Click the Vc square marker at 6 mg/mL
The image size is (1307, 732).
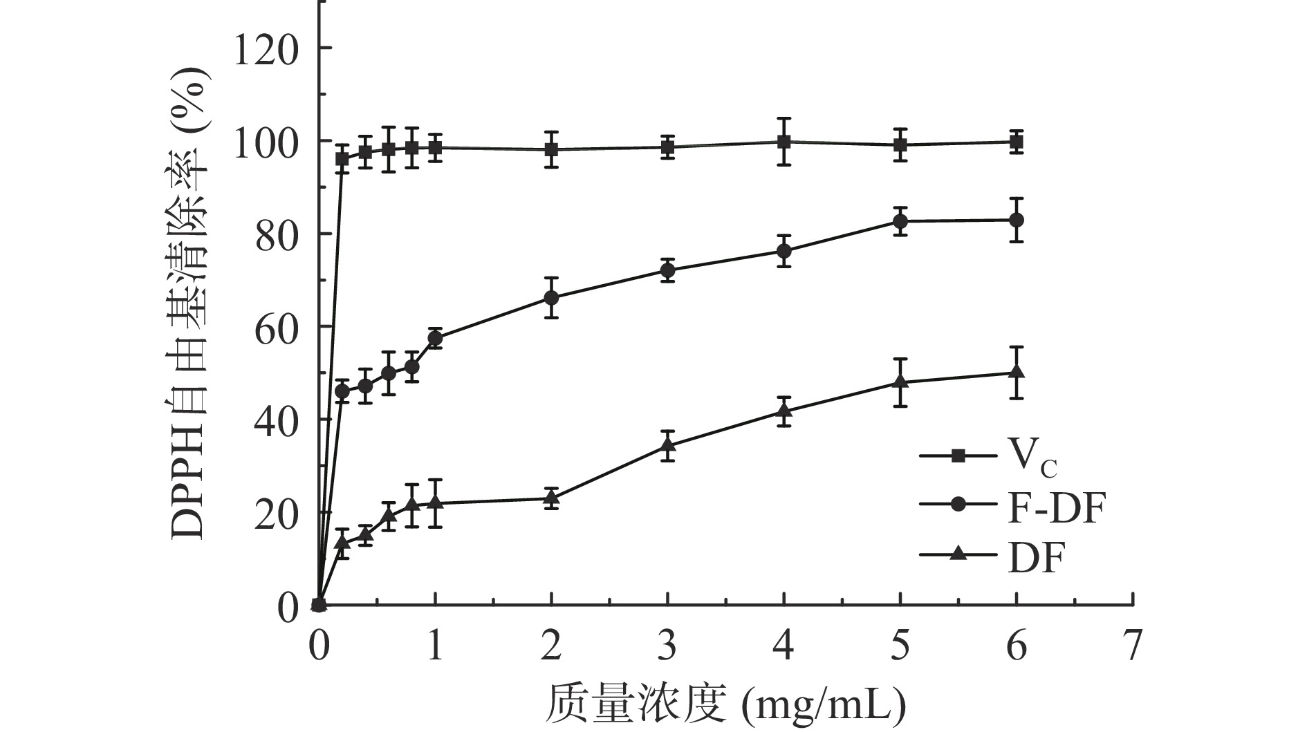point(1016,142)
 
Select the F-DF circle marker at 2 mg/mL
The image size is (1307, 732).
point(551,298)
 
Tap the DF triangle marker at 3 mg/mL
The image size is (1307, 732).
point(667,445)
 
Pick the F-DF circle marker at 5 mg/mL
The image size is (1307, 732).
point(900,221)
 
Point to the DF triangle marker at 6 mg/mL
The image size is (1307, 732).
point(1016,372)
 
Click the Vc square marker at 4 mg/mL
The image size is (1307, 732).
point(784,142)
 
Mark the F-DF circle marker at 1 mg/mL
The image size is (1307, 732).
point(435,338)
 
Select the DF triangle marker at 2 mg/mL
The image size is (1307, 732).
point(551,498)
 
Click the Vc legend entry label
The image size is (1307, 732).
point(1030,457)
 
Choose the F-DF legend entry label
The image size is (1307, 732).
point(1053,510)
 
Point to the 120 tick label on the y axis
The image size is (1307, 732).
point(266,48)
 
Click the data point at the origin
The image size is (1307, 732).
point(319,606)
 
